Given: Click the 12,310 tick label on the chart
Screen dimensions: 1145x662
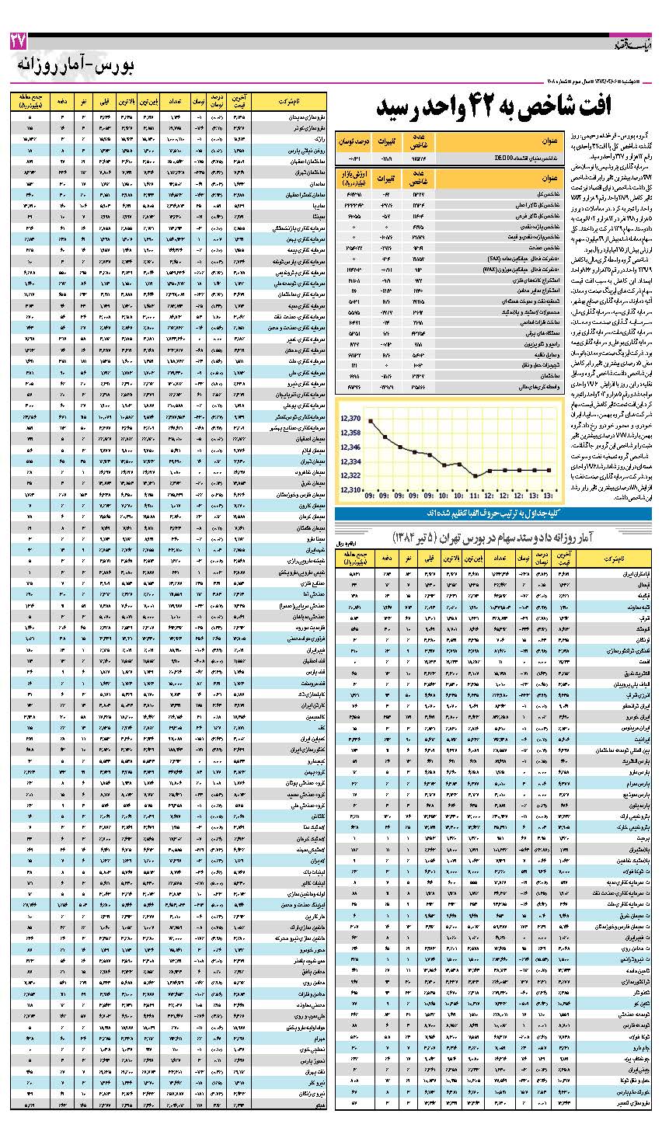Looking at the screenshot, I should pyautogui.click(x=351, y=489).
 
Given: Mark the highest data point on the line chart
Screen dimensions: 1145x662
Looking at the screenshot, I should pyautogui.click(x=371, y=421).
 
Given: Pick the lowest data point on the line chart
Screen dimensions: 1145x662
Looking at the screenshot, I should pyautogui.click(x=476, y=475).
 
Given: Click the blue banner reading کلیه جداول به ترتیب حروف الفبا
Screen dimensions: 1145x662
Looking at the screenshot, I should pyautogui.click(x=493, y=514).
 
